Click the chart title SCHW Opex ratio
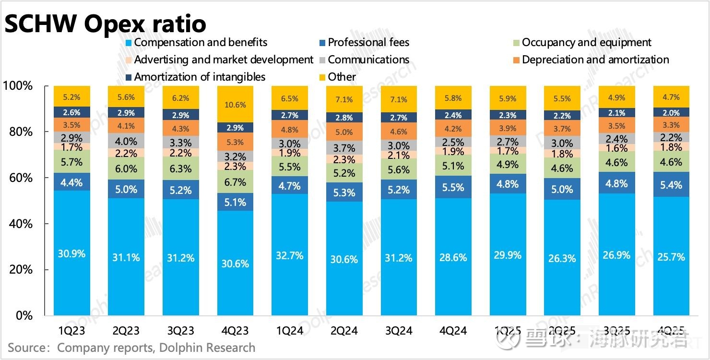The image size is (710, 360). pos(106,23)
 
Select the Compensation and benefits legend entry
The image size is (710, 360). pos(201,42)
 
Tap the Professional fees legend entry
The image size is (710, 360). pos(368,42)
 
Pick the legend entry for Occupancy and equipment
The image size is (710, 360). pos(586,42)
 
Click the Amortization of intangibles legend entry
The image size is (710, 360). pos(200,77)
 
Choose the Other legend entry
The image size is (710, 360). pos(342,77)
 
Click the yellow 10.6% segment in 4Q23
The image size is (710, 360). pos(235,105)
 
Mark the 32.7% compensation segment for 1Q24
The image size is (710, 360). pos(290,255)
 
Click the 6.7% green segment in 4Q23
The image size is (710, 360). pos(235,182)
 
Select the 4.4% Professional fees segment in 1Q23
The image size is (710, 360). pos(72,182)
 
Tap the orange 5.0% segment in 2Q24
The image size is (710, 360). pos(344,132)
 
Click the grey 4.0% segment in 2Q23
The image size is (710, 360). pos(126,141)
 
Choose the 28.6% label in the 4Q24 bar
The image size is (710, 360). pos(453,257)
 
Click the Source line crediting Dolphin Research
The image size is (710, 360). pos(131,348)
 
